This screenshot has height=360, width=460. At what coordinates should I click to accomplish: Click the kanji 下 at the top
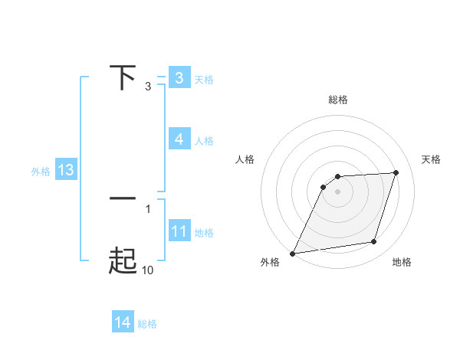pos(123,77)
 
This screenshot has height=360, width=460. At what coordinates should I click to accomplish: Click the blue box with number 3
pos(179,78)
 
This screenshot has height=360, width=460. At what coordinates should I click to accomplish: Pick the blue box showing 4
pos(179,139)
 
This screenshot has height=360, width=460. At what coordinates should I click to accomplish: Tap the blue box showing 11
pos(179,231)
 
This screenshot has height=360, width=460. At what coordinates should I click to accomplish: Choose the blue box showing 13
pos(65,170)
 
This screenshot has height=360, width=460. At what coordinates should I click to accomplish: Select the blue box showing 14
pos(123,322)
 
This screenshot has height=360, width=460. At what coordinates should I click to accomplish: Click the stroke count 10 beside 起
pos(148,270)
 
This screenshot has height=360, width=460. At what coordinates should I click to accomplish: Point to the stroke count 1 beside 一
pos(148,208)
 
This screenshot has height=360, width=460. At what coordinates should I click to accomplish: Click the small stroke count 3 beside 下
pos(148,87)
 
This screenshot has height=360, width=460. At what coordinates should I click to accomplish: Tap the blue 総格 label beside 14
pos(147,324)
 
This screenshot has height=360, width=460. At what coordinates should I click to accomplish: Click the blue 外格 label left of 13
pos(41,172)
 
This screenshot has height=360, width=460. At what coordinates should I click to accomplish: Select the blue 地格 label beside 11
pos(204,233)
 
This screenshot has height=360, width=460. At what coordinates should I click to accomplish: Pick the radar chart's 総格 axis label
pos(338,100)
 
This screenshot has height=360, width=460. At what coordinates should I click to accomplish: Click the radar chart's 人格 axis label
pos(245,159)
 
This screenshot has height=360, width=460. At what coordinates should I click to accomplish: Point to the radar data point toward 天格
pos(396,173)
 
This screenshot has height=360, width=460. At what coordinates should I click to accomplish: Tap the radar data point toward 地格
pos(374,242)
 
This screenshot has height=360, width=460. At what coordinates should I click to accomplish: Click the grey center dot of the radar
pos(338,191)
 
